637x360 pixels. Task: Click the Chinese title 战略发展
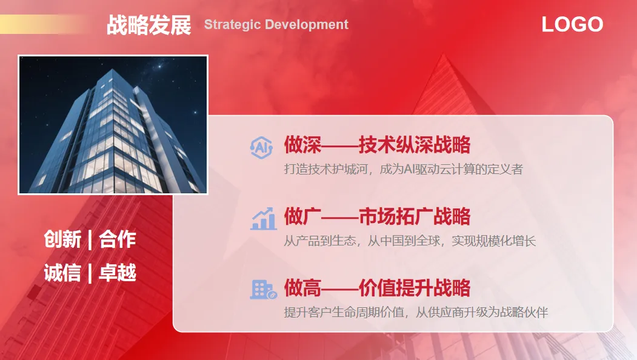pos(148,25)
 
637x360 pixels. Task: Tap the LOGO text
pos(572,24)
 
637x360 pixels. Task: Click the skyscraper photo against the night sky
pos(113,125)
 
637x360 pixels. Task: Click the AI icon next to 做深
pos(261,147)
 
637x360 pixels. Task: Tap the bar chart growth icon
pos(263,219)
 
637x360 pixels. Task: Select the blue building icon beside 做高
pos(263,290)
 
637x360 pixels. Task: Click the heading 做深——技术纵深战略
pos(377,145)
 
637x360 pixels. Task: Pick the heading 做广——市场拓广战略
pos(377,216)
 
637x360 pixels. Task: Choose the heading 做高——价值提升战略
pos(377,288)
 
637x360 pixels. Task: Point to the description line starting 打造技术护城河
pos(403,169)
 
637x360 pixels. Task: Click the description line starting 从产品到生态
pos(410,241)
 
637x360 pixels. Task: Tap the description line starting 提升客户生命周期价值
pos(416,312)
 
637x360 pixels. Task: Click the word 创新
pos(62,239)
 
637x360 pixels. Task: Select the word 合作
pos(118,239)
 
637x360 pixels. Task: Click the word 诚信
pos(62,273)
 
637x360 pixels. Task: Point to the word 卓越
pos(118,273)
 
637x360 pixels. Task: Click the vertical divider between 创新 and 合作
pos(90,239)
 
